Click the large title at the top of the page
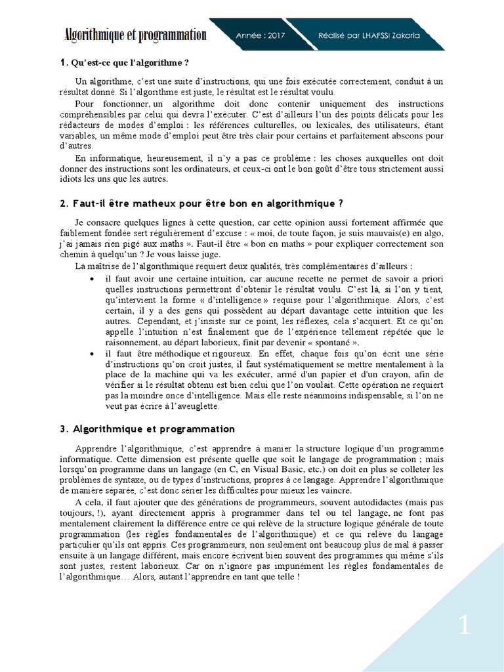click(135, 35)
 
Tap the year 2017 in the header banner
click(270, 36)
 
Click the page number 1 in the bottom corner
click(465, 625)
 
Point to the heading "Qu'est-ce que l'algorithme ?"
click(129, 62)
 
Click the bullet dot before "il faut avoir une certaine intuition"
click(91, 279)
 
